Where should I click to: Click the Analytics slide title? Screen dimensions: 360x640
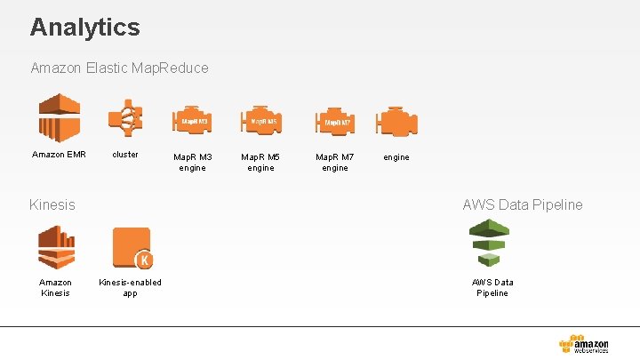tap(84, 27)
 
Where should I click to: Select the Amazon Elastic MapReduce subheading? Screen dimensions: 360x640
tap(119, 68)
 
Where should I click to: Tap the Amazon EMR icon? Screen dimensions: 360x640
tap(59, 118)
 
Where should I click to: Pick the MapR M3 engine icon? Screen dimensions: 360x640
tap(192, 121)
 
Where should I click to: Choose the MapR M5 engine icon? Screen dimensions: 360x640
tap(260, 121)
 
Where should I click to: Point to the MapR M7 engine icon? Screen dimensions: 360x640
tap(334, 121)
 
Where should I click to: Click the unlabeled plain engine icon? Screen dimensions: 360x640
tap(396, 121)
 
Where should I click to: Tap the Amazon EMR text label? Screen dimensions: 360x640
tap(59, 154)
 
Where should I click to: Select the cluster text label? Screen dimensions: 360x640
tap(125, 154)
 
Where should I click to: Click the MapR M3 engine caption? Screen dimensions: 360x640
tap(192, 162)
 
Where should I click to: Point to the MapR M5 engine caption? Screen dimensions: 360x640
tap(260, 162)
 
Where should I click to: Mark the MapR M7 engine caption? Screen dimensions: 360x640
tap(334, 162)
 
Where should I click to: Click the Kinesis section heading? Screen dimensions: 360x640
tap(52, 204)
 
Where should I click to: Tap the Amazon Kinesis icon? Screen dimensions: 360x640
tap(55, 246)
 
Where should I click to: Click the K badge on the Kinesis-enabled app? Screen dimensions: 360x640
tap(142, 260)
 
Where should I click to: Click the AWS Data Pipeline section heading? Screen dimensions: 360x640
tap(522, 204)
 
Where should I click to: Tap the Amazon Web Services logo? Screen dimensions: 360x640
tap(584, 344)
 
